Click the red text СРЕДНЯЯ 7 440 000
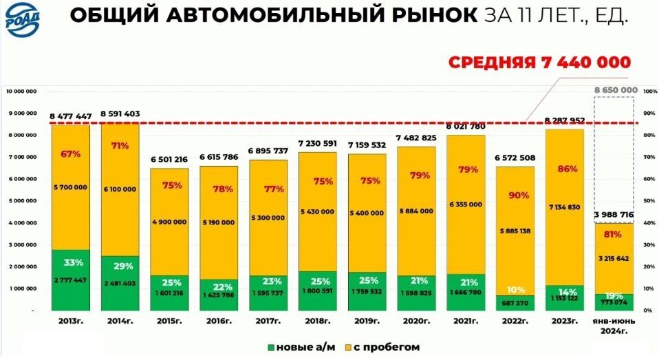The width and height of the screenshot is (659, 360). click(539, 63)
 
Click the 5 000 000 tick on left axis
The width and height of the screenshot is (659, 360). click(25, 201)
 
